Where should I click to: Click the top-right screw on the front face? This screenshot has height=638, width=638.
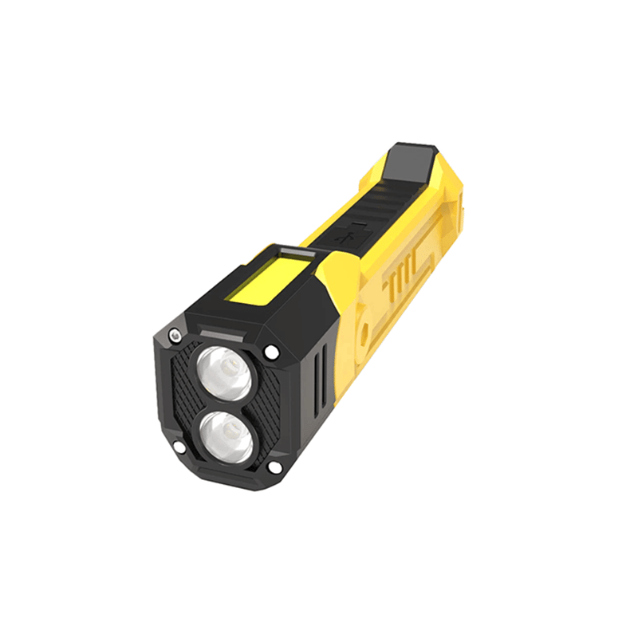click(272, 351)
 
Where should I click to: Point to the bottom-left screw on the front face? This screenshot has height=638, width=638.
click(180, 447)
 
